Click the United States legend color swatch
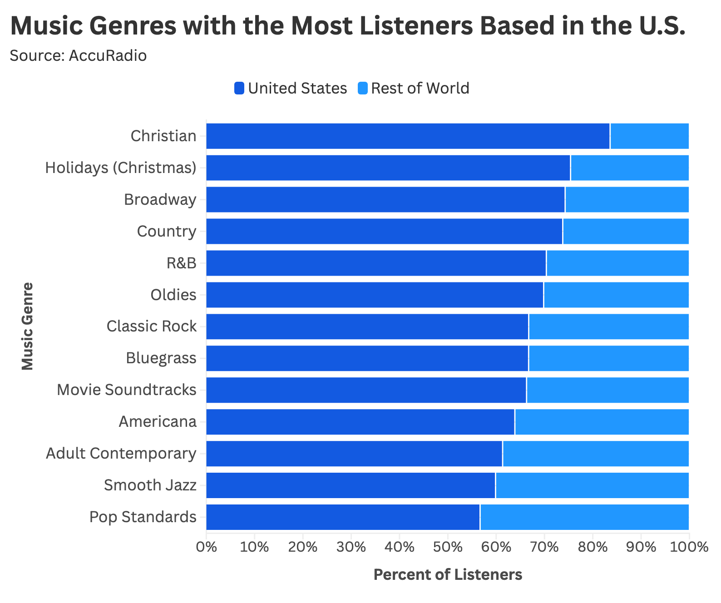point(239,88)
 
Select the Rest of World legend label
point(420,88)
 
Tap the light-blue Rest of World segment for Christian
point(649,136)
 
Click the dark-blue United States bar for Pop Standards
point(343,517)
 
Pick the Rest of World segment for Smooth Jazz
point(592,485)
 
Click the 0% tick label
point(206,547)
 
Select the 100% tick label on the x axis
point(688,547)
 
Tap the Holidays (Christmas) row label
point(121,168)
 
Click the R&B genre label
point(181,263)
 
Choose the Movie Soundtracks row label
point(127,390)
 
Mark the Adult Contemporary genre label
point(121,453)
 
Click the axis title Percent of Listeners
point(448,575)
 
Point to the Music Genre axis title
point(27,326)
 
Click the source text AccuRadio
point(108,55)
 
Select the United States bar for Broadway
point(385,199)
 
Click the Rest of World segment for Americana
point(602,421)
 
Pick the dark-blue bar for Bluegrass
point(367,358)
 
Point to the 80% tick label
point(593,547)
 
